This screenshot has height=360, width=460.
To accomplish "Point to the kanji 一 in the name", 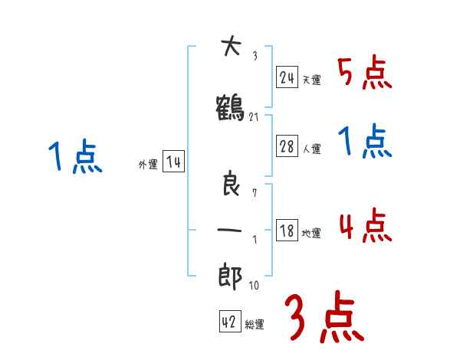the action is pos(231,229).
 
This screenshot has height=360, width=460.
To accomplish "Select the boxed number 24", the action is pos(287,77).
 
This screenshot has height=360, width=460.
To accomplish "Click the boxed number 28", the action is pos(287,147).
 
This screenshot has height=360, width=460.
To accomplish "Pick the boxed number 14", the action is pos(173,162).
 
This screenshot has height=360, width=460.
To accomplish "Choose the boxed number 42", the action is pos(229,322).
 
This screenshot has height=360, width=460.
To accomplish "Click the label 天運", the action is pos(311,80).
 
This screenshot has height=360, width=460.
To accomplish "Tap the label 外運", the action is pos(148,165).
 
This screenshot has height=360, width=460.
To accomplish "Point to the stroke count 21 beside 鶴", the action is pos(255,116).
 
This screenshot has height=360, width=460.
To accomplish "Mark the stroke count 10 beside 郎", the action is pos(255,286).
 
